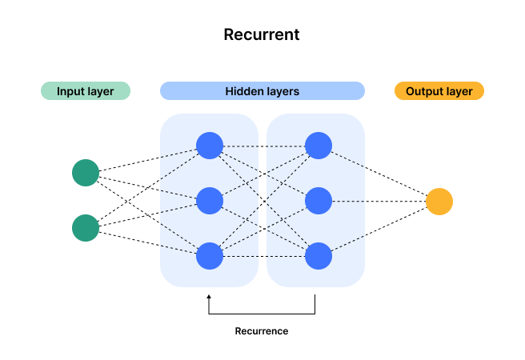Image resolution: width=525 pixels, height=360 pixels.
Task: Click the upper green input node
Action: (x=86, y=173)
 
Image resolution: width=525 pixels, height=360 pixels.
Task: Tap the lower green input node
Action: (x=86, y=228)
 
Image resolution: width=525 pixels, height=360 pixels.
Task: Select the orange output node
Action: (x=439, y=202)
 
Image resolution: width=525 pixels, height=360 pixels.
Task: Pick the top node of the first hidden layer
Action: (x=210, y=146)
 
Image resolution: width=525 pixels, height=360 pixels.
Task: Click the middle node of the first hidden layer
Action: (x=210, y=201)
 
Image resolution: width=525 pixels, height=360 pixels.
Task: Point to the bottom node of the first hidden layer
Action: (x=210, y=256)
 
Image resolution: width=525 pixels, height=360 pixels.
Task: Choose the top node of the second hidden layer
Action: (x=319, y=146)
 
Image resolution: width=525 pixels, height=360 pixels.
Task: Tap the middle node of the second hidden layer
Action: (x=319, y=201)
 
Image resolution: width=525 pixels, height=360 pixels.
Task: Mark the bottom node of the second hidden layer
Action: (x=319, y=256)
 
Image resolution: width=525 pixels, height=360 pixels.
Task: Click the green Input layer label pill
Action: (x=86, y=91)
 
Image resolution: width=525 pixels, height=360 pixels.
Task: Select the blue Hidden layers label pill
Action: (x=262, y=91)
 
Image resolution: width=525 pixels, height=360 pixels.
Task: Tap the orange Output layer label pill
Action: (x=439, y=91)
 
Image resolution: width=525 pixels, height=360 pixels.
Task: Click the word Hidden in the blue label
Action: (x=244, y=91)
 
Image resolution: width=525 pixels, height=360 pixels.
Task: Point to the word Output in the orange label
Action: (x=424, y=91)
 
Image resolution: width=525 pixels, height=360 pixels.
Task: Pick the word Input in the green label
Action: (x=70, y=91)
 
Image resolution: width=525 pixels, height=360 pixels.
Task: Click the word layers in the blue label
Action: (x=283, y=91)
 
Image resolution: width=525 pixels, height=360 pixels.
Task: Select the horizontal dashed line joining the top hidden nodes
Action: (x=263, y=146)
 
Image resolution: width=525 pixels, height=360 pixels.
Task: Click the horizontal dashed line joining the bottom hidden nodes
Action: (x=263, y=256)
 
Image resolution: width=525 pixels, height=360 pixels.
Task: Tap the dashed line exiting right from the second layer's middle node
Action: (x=348, y=201)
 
